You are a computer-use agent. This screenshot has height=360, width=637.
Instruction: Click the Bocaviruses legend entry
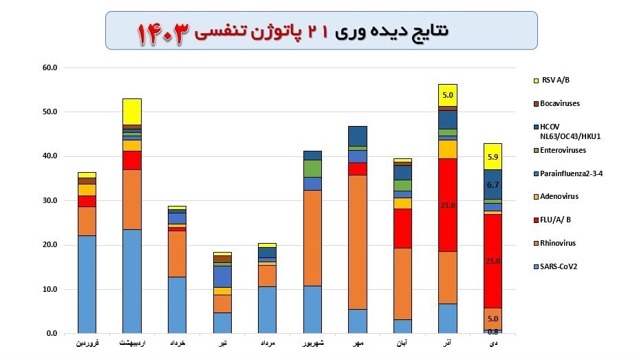[560, 103]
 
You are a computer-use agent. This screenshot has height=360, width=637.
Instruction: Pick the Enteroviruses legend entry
[563, 149]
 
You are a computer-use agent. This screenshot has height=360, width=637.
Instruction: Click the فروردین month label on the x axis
[87, 342]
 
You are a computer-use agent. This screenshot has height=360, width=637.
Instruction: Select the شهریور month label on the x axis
[313, 342]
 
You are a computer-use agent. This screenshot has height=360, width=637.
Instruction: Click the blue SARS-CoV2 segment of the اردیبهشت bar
[131, 282]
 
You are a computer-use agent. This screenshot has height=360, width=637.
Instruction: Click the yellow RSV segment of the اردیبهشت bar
[131, 112]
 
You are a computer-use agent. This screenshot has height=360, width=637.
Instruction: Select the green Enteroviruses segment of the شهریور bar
[313, 169]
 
